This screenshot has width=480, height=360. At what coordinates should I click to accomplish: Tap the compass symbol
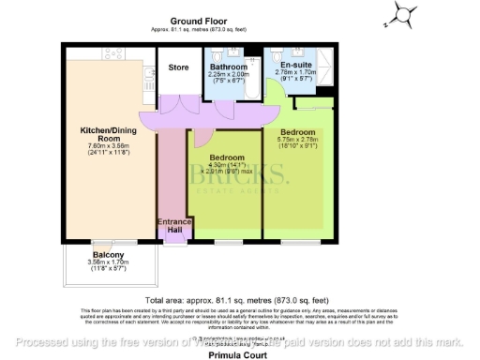(x=403, y=13)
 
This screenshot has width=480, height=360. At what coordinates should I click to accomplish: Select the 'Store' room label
(x=178, y=67)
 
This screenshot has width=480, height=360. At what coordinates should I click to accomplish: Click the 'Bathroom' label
(x=228, y=67)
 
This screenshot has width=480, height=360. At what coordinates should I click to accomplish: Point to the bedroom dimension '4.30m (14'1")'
(x=228, y=165)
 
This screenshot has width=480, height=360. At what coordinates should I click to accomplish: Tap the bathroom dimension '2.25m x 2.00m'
(x=228, y=75)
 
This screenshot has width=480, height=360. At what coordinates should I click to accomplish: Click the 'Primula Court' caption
(x=240, y=355)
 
